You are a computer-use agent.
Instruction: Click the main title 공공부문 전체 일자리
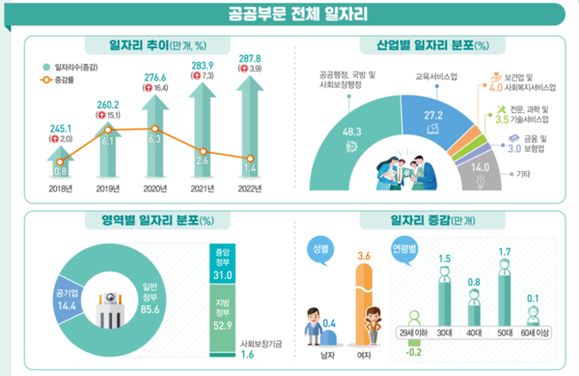[x=289, y=14]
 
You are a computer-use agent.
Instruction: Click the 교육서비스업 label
[x=436, y=74]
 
